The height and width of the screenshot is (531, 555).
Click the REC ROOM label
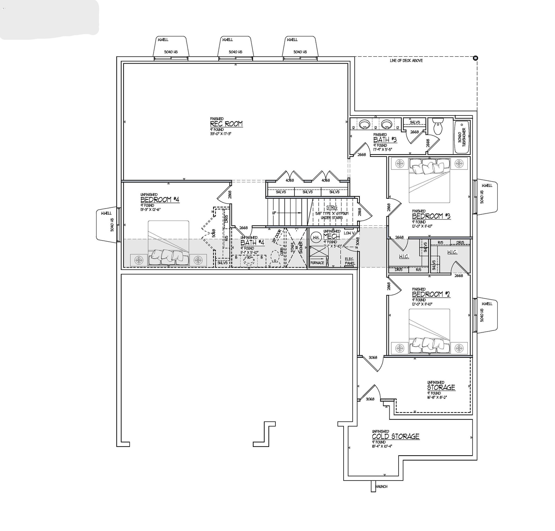(226, 124)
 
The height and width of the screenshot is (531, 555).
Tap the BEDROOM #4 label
(160, 199)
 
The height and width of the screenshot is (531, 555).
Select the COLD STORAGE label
(395, 436)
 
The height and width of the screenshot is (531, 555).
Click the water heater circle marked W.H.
(315, 237)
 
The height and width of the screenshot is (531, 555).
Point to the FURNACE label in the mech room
(317, 263)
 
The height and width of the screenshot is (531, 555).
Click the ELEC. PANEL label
(349, 261)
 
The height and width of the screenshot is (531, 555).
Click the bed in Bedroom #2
(429, 332)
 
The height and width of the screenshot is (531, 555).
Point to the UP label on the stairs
(274, 213)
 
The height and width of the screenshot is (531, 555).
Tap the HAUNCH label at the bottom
(381, 486)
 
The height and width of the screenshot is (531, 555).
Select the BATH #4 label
(252, 243)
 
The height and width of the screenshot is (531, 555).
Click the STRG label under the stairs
(331, 207)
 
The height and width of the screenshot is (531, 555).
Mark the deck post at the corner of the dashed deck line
(475, 58)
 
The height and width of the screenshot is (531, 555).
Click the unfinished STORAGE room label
(441, 387)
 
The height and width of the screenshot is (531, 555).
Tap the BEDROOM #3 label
(431, 216)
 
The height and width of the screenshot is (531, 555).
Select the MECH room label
(331, 236)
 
